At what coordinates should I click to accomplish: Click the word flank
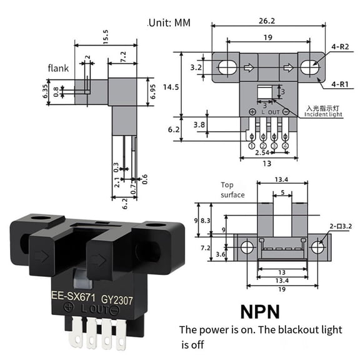pos(59,68)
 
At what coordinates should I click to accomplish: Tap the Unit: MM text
pos(169,23)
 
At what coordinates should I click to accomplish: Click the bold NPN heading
pos(261,310)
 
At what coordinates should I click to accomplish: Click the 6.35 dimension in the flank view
pos(46,91)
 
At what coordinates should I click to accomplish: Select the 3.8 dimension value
pos(200,124)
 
